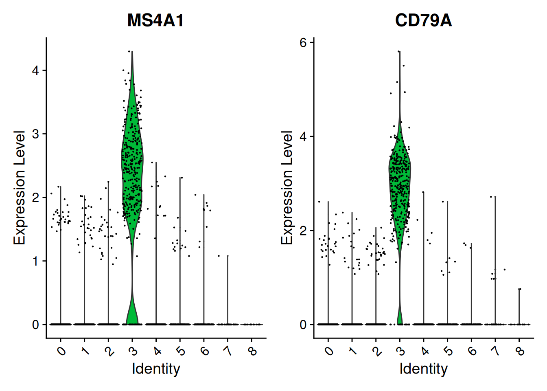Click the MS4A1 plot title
coord(155,20)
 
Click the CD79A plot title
coord(423,20)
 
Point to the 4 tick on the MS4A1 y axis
coord(36,70)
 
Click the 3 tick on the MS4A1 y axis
coord(36,134)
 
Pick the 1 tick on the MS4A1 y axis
coord(36,261)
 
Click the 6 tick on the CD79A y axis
coord(303,42)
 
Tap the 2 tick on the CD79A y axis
coord(303,231)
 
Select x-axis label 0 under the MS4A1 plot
coord(61,350)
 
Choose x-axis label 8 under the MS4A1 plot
coord(252,350)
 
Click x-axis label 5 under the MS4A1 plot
coord(181,350)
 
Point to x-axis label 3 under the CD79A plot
coord(400,350)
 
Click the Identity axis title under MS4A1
coord(156,369)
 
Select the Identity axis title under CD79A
coord(423,369)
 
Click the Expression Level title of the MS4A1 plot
coord(20,187)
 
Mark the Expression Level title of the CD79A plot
coord(287,187)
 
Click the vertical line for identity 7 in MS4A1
coord(228,289)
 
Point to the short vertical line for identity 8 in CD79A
coord(519,305)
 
